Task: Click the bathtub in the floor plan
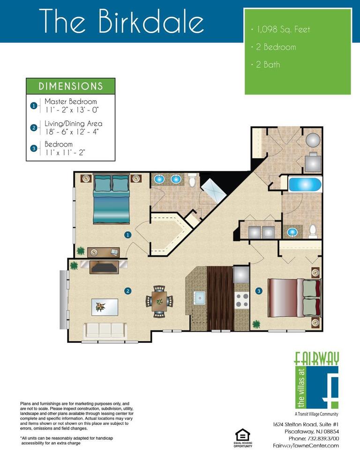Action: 305,185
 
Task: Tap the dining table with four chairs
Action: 159,302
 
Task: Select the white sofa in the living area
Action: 105,331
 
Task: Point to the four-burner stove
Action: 242,300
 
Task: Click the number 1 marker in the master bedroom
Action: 128,235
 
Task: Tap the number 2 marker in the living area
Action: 128,291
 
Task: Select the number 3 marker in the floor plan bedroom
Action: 259,291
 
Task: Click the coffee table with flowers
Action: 105,307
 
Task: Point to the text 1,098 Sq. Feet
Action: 283,30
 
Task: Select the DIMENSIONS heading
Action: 71,86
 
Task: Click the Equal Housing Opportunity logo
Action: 243,438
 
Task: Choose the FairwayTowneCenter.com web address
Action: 306,445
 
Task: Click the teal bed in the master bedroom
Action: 112,199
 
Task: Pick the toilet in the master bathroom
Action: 192,179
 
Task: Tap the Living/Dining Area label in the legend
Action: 73,123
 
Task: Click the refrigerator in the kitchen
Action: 241,274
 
